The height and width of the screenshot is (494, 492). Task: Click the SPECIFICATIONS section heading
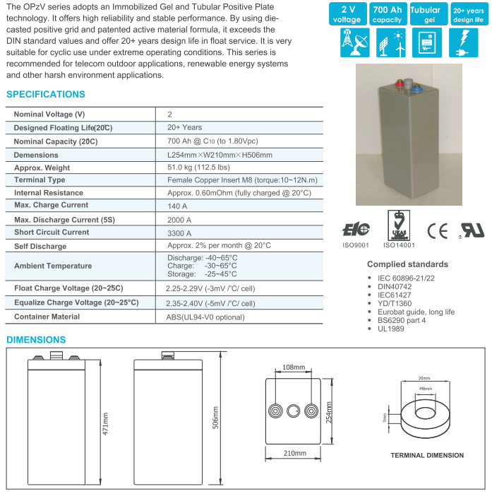[46, 95]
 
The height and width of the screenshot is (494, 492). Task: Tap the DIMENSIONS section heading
[36, 340]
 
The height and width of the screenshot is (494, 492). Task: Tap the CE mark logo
[438, 230]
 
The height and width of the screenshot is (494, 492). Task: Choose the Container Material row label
[47, 317]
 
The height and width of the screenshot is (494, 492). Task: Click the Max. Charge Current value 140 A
[177, 205]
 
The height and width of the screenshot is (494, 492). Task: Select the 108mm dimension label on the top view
[293, 368]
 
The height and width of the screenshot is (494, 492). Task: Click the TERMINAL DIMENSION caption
[427, 455]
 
